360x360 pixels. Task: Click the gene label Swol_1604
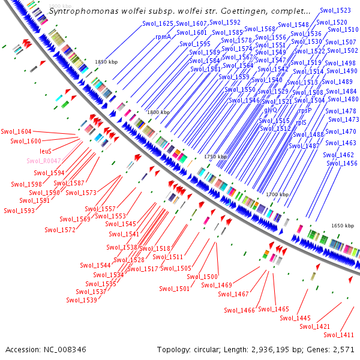pyautogui.click(x=16, y=131)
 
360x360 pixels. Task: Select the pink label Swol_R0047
pyautogui.click(x=44, y=161)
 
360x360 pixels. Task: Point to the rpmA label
pyautogui.click(x=163, y=37)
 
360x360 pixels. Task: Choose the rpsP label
pyautogui.click(x=305, y=110)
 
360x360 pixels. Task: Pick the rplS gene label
pyautogui.click(x=301, y=122)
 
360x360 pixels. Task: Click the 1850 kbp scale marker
pyautogui.click(x=106, y=62)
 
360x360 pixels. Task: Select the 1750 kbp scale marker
pyautogui.click(x=215, y=156)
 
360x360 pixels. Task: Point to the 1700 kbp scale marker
pyautogui.click(x=277, y=194)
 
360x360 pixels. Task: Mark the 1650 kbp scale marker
pyautogui.click(x=342, y=226)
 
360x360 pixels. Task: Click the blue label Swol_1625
pyautogui.click(x=158, y=23)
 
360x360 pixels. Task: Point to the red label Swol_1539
pyautogui.click(x=82, y=300)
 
